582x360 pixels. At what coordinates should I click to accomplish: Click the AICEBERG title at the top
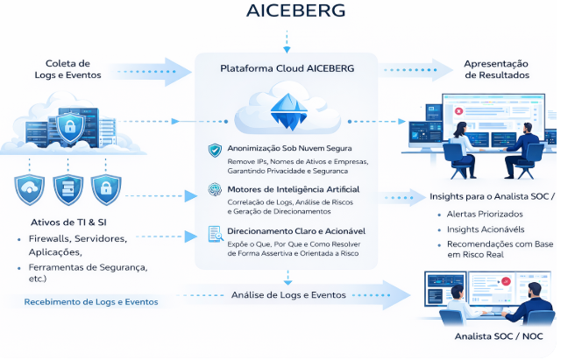pos(289,11)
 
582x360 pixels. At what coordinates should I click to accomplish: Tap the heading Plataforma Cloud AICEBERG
pos(286,67)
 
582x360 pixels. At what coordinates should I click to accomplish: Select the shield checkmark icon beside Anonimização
pos(214,150)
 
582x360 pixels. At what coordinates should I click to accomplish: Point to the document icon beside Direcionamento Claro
pos(214,234)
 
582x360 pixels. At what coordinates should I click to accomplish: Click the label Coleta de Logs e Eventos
pos(68,69)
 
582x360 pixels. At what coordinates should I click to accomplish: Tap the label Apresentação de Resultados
pos(495,69)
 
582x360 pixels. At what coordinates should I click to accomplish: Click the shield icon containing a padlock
pos(105,188)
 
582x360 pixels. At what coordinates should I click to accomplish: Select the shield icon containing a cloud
pos(30,188)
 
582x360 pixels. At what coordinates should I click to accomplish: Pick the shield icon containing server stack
pos(67,188)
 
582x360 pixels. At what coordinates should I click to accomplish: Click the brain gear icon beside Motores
pos(214,191)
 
